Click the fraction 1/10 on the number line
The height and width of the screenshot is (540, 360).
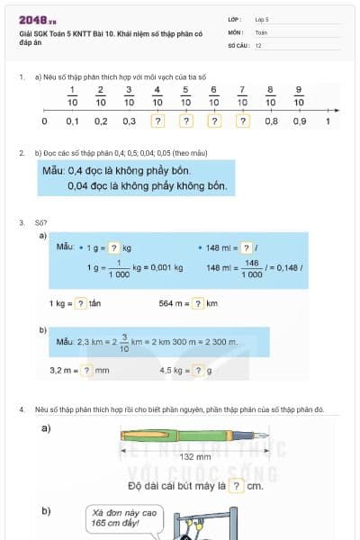pyautogui.click(x=72, y=96)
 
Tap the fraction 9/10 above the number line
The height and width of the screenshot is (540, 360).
pyautogui.click(x=299, y=96)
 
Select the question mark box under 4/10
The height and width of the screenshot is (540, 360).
pyautogui.click(x=157, y=121)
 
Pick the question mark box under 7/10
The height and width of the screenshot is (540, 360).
pyautogui.click(x=242, y=121)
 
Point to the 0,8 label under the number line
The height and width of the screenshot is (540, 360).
pyautogui.click(x=271, y=121)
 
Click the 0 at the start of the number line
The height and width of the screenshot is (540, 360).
pyautogui.click(x=45, y=121)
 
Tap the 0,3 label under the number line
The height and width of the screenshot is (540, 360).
pyautogui.click(x=129, y=121)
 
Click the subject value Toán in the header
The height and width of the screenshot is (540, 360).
pyautogui.click(x=261, y=31)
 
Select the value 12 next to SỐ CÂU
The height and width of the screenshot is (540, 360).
pyautogui.click(x=258, y=44)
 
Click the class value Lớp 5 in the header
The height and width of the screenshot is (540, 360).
pyautogui.click(x=262, y=19)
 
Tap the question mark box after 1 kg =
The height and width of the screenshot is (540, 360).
pyautogui.click(x=81, y=303)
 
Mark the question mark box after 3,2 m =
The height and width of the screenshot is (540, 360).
pyautogui.click(x=88, y=370)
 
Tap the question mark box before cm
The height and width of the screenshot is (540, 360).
pyautogui.click(x=234, y=486)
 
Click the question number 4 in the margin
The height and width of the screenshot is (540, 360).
pyautogui.click(x=22, y=409)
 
